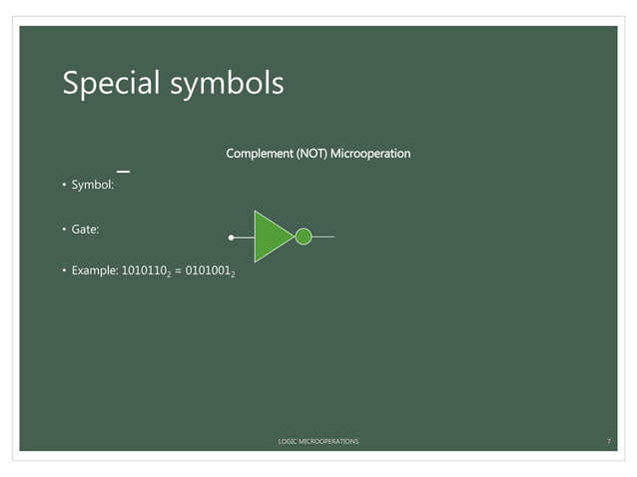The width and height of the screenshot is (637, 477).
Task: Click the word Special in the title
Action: point(107,84)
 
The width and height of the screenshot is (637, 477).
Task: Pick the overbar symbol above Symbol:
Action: point(123,173)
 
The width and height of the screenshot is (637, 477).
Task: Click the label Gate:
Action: point(85,229)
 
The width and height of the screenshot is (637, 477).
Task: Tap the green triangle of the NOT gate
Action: point(271,237)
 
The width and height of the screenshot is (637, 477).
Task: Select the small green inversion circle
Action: point(304,237)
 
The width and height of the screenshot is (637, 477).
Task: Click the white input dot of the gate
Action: point(232,238)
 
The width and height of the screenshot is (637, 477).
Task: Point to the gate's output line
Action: point(322,237)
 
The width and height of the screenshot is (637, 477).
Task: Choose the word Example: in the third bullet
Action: point(94,271)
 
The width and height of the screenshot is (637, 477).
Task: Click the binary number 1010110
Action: point(144,271)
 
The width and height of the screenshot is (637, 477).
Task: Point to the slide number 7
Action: point(608,440)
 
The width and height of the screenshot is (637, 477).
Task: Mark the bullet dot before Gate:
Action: point(62,229)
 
